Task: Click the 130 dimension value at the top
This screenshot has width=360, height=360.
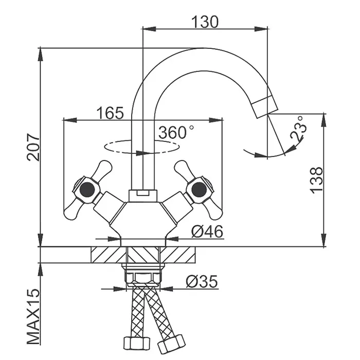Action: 205,22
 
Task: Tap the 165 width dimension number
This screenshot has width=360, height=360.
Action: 110,113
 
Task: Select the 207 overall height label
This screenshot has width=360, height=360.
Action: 33,147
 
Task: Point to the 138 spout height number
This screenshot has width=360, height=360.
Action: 316,180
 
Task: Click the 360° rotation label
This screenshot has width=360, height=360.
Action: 176,132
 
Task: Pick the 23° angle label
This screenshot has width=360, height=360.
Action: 298,128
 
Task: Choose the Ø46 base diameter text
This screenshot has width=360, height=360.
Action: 207,231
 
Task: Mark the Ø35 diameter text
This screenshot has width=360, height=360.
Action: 202,281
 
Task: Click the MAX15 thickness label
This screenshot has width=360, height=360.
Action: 33,316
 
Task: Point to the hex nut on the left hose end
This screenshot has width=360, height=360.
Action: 137,344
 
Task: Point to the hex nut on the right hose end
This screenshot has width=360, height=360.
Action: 171,344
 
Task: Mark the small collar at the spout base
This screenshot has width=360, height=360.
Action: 143,195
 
